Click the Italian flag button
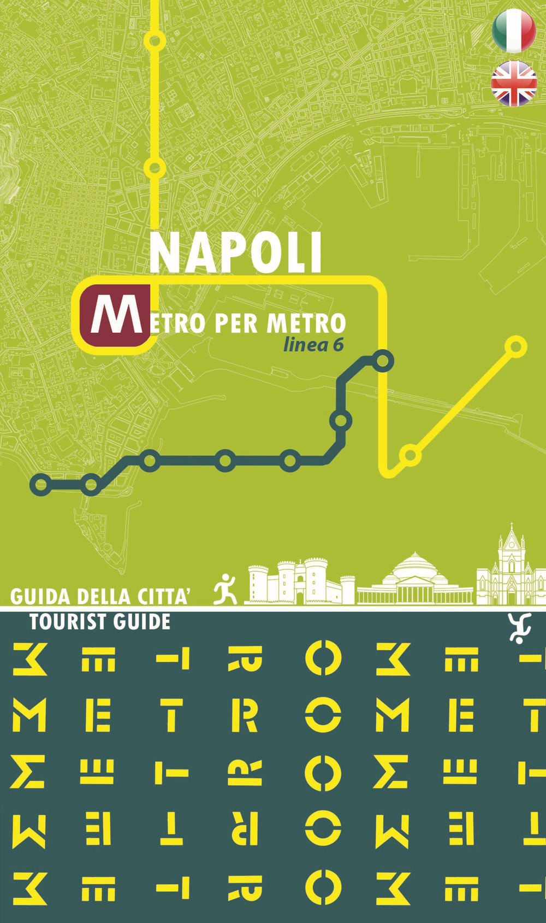[x=514, y=30]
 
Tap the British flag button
[x=514, y=84]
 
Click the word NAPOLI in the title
[x=236, y=253]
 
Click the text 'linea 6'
[x=313, y=345]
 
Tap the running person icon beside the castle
[x=225, y=589]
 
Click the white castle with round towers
[x=295, y=581]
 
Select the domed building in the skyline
[x=415, y=579]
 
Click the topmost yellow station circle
[x=155, y=41]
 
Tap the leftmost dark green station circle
[x=41, y=484]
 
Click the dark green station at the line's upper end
[x=383, y=361]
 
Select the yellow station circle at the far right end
[x=515, y=346]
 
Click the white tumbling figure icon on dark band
[x=519, y=628]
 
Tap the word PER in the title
[x=235, y=323]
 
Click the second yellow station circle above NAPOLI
[x=155, y=167]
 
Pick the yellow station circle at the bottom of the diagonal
[x=410, y=455]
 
